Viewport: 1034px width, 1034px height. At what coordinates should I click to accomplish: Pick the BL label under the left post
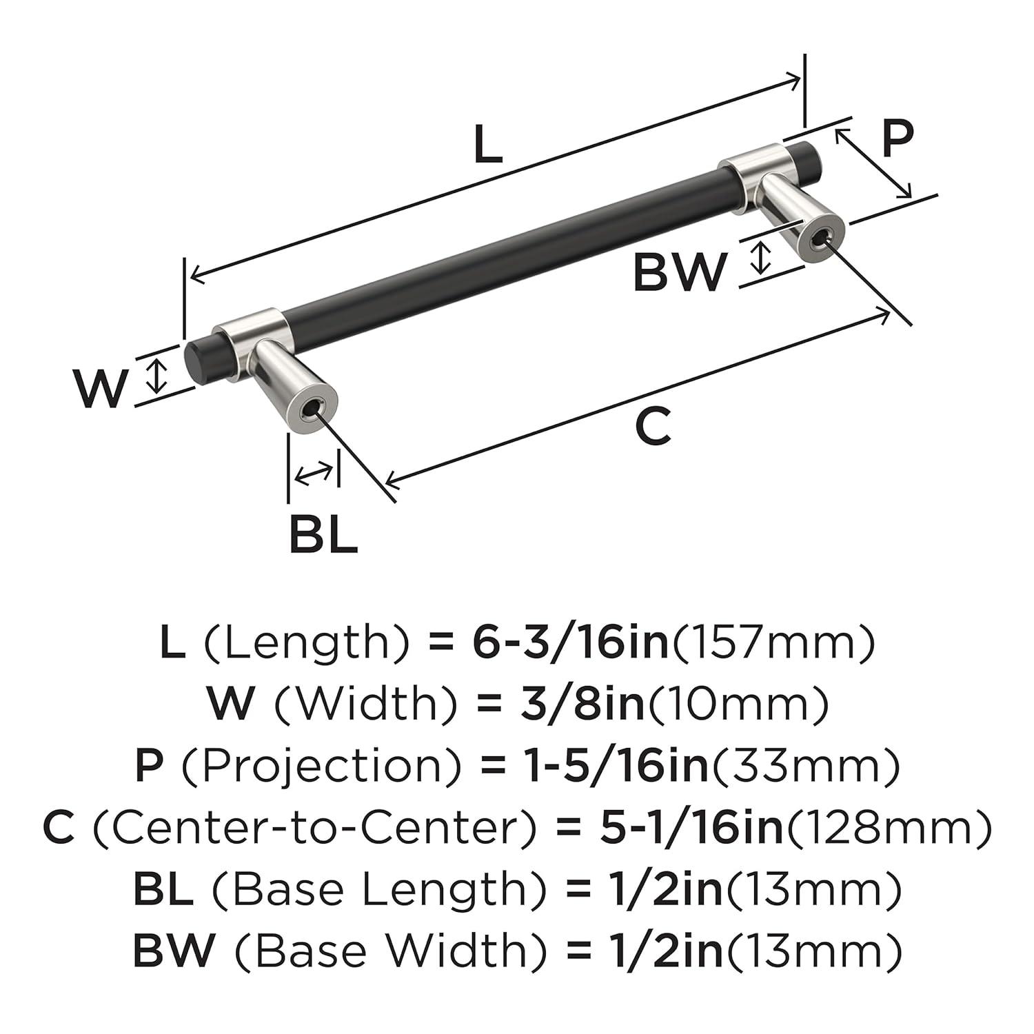coord(323,534)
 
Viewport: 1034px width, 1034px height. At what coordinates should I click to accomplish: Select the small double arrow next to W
coord(158,376)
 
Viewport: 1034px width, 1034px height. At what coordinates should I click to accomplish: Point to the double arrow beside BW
coord(760,257)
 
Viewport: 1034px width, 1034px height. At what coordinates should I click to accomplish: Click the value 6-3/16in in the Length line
coord(571,642)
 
